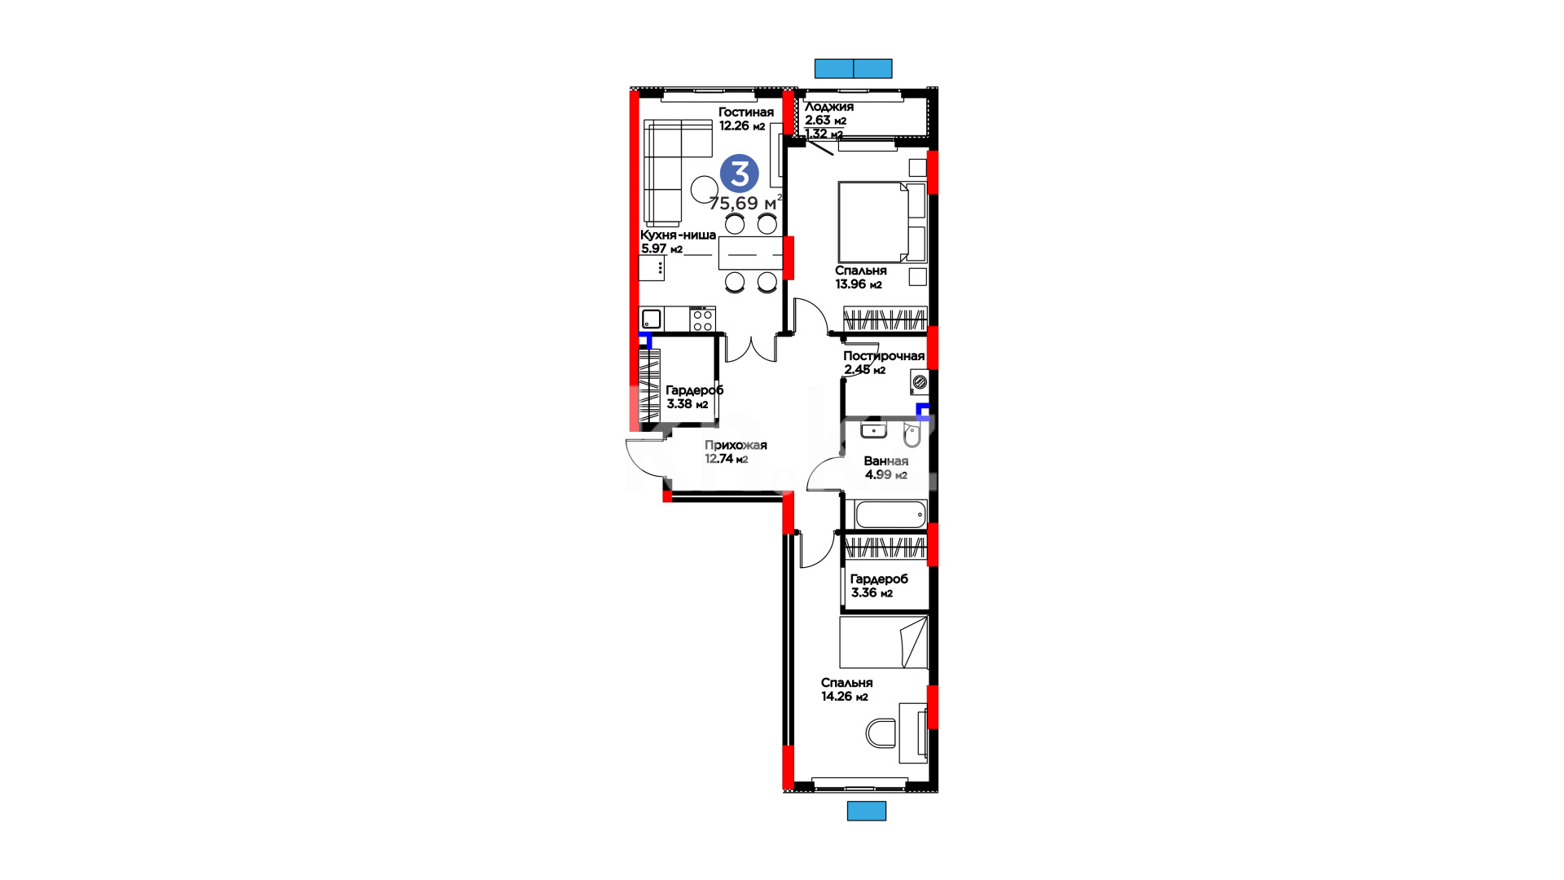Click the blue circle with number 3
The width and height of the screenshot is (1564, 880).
click(740, 174)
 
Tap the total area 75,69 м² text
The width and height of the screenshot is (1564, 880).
click(745, 203)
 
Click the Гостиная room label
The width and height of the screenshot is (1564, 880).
click(746, 112)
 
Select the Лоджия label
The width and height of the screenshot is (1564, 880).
click(829, 107)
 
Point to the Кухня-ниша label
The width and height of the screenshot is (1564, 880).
click(679, 235)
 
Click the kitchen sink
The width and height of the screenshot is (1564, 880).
click(651, 319)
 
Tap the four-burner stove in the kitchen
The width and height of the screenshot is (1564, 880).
click(702, 319)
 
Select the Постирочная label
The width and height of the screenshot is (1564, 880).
click(884, 356)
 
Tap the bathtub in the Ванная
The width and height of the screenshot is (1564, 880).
click(890, 515)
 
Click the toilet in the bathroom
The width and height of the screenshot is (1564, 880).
click(912, 435)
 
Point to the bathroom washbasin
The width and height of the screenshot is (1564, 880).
click(874, 429)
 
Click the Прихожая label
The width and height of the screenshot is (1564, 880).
click(736, 446)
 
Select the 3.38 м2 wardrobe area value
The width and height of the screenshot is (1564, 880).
click(688, 404)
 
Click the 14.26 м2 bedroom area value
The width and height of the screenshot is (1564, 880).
click(845, 697)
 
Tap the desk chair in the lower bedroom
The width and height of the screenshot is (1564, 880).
click(881, 733)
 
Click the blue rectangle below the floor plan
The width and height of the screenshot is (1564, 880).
click(867, 811)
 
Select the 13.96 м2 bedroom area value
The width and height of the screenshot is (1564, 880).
click(859, 284)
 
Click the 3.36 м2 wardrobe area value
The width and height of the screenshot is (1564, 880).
click(872, 593)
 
